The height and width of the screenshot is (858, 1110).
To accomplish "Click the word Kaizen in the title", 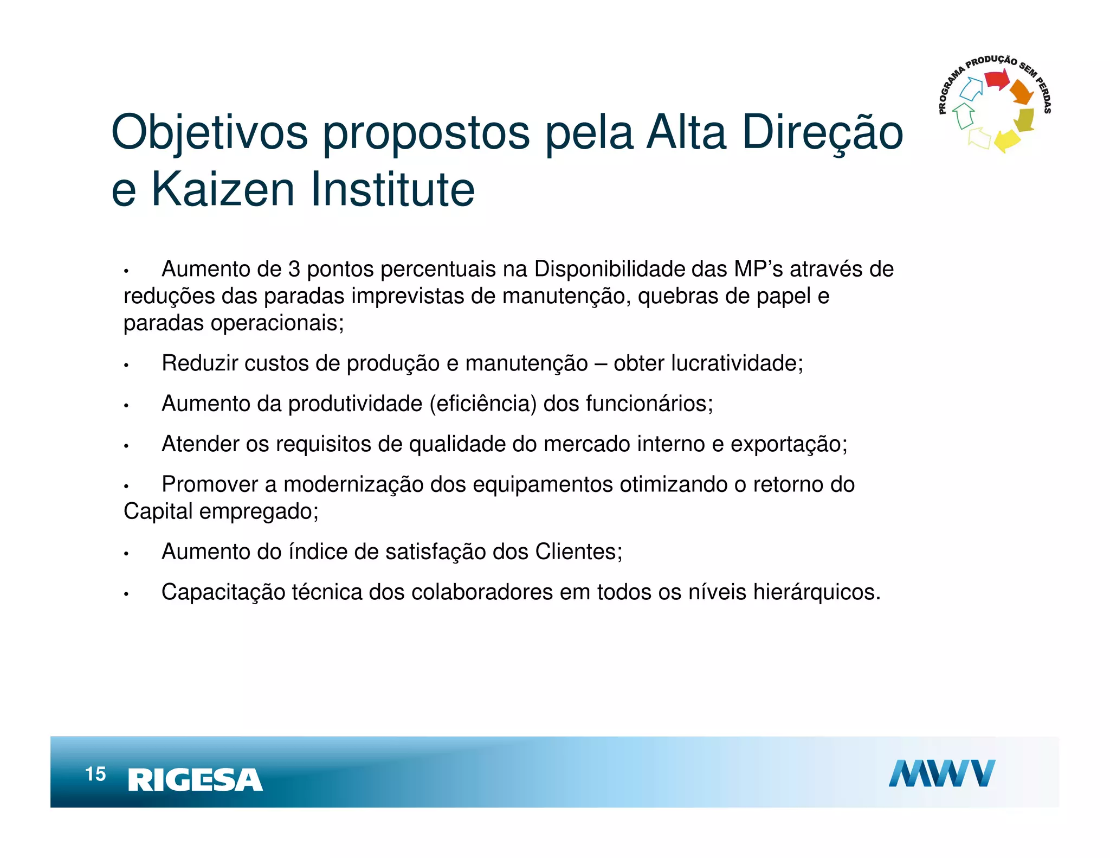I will point(223,189).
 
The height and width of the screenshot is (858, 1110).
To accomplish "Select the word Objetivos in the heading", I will point(209,133).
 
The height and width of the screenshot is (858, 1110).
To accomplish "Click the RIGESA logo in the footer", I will point(195,780).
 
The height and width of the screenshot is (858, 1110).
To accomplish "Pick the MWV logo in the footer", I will point(941,773).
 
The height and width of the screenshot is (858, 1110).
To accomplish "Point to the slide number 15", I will point(95,774).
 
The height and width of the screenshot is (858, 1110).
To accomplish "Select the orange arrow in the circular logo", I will point(1022,92).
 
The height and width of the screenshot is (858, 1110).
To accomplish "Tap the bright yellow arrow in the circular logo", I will point(1007,140).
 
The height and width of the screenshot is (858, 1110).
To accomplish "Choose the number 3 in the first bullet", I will point(294,270).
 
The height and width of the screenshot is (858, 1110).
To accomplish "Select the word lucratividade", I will point(737,363).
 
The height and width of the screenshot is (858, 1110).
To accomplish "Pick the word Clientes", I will point(579,552).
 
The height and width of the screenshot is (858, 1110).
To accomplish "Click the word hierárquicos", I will point(817,592).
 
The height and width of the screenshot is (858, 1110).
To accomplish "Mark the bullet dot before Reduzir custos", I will point(126,366).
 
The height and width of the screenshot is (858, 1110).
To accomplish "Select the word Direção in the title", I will point(822,133).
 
